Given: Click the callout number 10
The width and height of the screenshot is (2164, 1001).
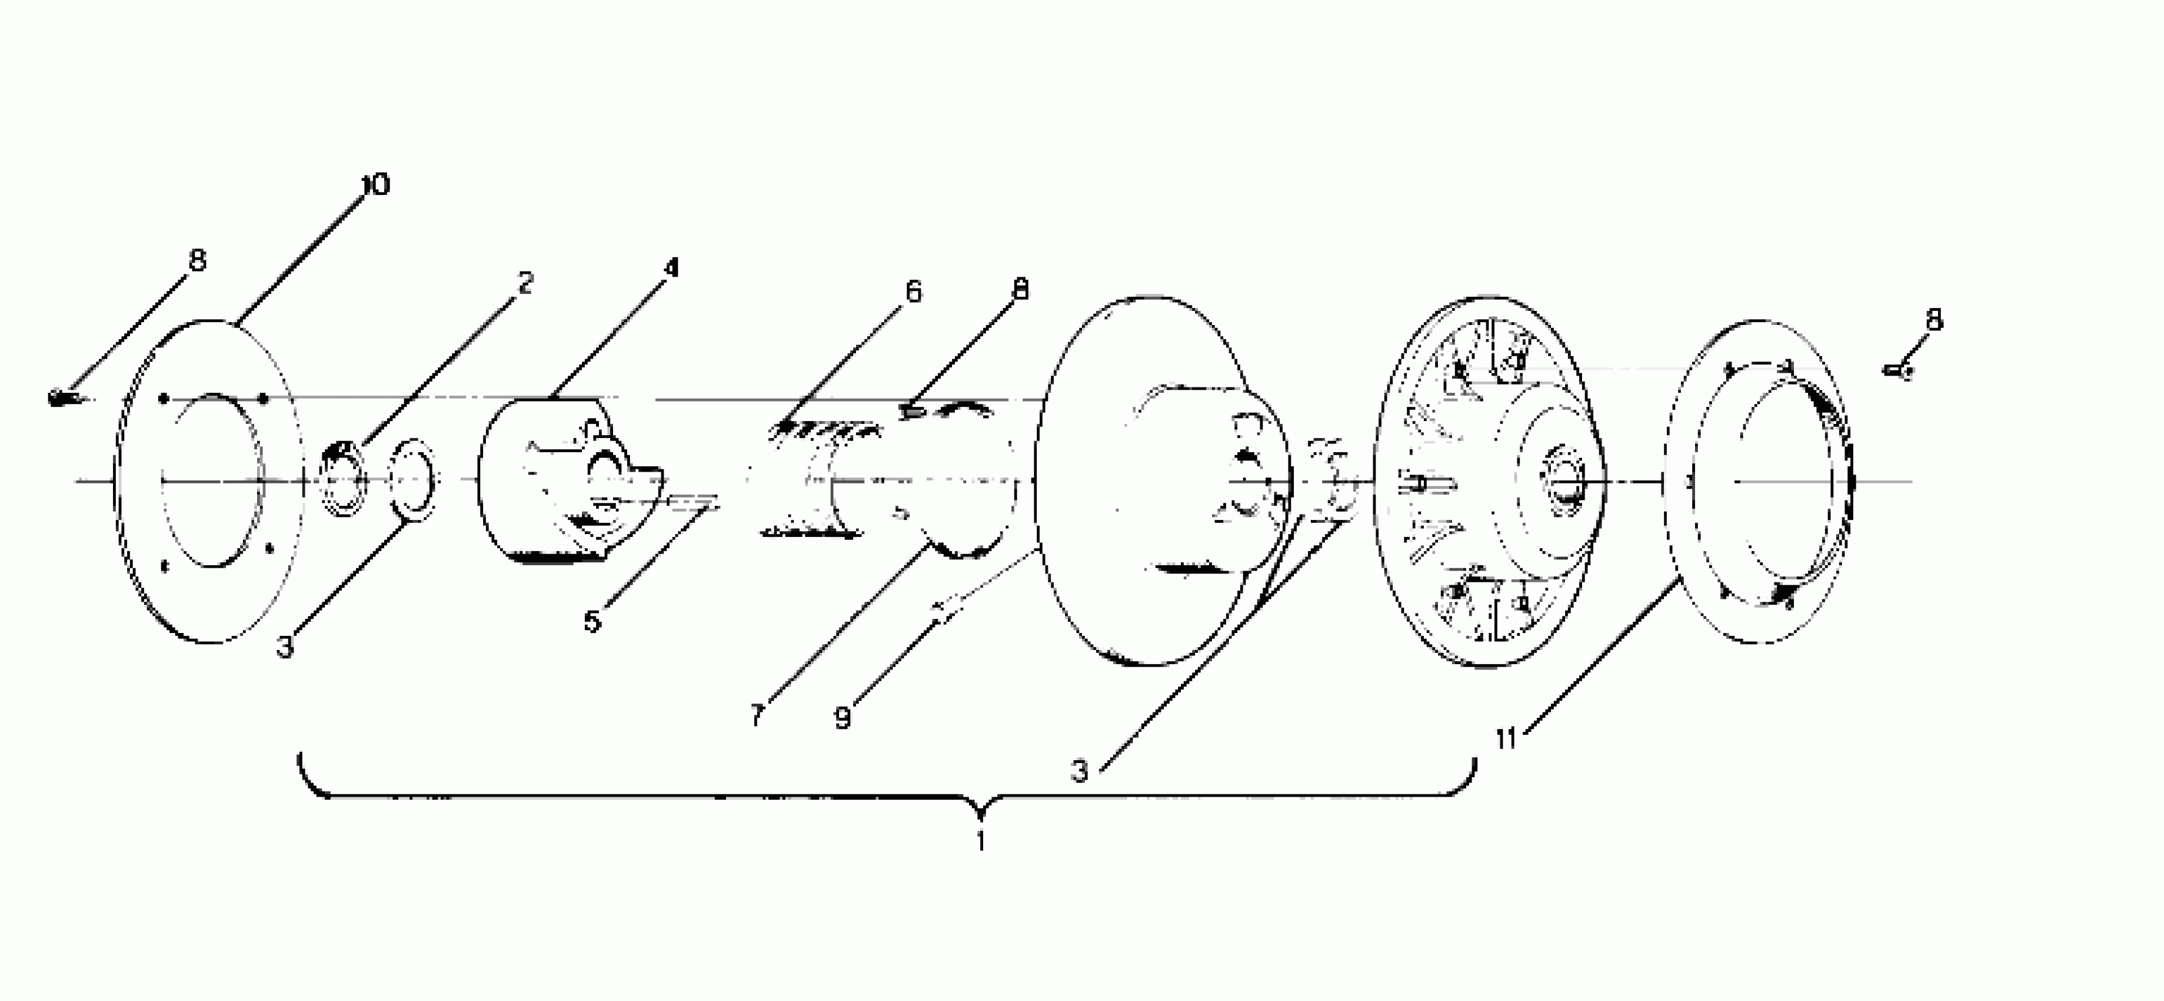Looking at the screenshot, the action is click(375, 184).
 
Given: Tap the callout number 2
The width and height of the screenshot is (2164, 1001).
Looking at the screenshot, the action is click(524, 283).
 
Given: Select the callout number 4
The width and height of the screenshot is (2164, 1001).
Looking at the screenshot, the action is click(670, 267).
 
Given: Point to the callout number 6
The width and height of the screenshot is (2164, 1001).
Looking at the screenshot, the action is click(913, 291).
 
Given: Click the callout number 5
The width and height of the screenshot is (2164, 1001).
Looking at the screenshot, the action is click(592, 621).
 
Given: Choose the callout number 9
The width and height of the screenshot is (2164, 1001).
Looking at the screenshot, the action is click(843, 717).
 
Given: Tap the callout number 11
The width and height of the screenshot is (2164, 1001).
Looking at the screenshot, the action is click(1506, 739).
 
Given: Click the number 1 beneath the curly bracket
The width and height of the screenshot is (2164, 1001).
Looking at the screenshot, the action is click(980, 840).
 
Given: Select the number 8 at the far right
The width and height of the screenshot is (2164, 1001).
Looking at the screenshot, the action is click(1934, 319).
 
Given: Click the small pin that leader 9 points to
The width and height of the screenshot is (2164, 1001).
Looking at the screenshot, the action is click(948, 609).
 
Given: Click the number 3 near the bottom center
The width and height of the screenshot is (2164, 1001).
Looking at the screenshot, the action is click(1080, 770).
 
